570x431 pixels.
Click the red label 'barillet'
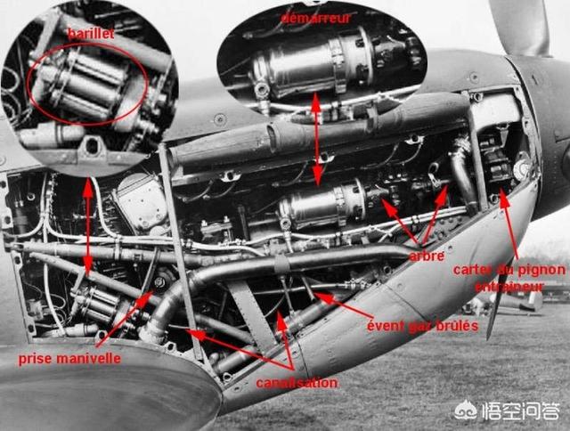pos(91,34)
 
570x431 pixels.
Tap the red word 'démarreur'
pos(316,18)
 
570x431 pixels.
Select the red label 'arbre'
pos(427,256)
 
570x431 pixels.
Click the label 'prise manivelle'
pos(69,359)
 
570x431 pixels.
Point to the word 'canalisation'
pos(297,383)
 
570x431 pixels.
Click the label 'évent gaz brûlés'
pos(422,326)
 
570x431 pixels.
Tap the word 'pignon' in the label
pos(541,270)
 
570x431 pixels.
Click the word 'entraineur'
pos(509,287)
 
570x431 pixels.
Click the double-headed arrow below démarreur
pos(317,139)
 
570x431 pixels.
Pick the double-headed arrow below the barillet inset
pos(87,226)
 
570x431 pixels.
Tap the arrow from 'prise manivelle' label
pos(125,317)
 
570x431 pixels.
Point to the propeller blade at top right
pos(520,28)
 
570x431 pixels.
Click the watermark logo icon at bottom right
pos(467,411)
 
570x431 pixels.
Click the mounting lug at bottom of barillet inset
pos(91,147)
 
